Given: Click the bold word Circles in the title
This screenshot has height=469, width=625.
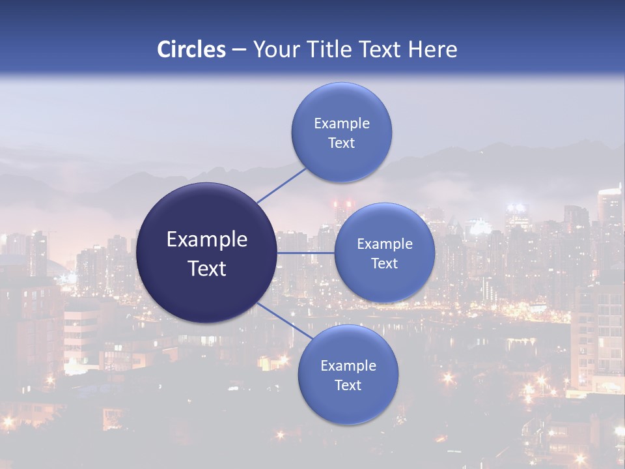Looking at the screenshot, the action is tap(191, 50).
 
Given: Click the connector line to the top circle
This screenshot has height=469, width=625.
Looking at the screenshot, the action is tap(281, 186).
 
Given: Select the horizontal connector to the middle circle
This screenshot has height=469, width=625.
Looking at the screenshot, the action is tap(305, 253).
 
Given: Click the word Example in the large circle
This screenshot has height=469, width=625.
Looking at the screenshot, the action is tap(207, 240).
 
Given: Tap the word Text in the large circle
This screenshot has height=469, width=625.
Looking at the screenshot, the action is tap(207, 268).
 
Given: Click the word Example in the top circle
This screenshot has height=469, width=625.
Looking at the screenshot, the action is tap(342, 124).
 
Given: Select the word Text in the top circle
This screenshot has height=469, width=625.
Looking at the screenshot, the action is tap(342, 143).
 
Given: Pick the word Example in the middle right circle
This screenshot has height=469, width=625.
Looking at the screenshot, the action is tap(385, 244).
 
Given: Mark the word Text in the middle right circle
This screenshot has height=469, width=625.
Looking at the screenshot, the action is tap(385, 264).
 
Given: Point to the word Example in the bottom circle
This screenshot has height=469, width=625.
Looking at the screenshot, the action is tap(348, 366).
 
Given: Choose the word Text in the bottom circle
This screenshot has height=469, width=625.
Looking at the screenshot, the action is tap(348, 386).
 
